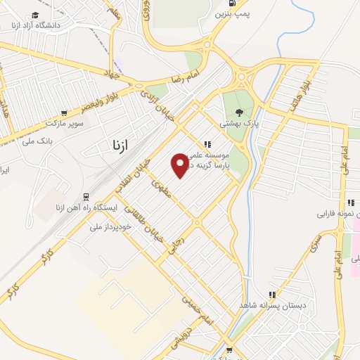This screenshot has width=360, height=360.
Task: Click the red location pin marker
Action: point(180,165)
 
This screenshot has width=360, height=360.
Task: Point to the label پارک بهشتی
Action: point(240,123)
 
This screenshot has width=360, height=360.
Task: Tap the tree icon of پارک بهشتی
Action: point(240,111)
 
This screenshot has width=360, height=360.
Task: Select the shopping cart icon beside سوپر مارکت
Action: point(64,112)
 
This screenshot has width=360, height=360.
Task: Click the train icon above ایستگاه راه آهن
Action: point(86,198)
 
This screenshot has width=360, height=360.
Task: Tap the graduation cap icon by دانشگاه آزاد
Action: point(36,15)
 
